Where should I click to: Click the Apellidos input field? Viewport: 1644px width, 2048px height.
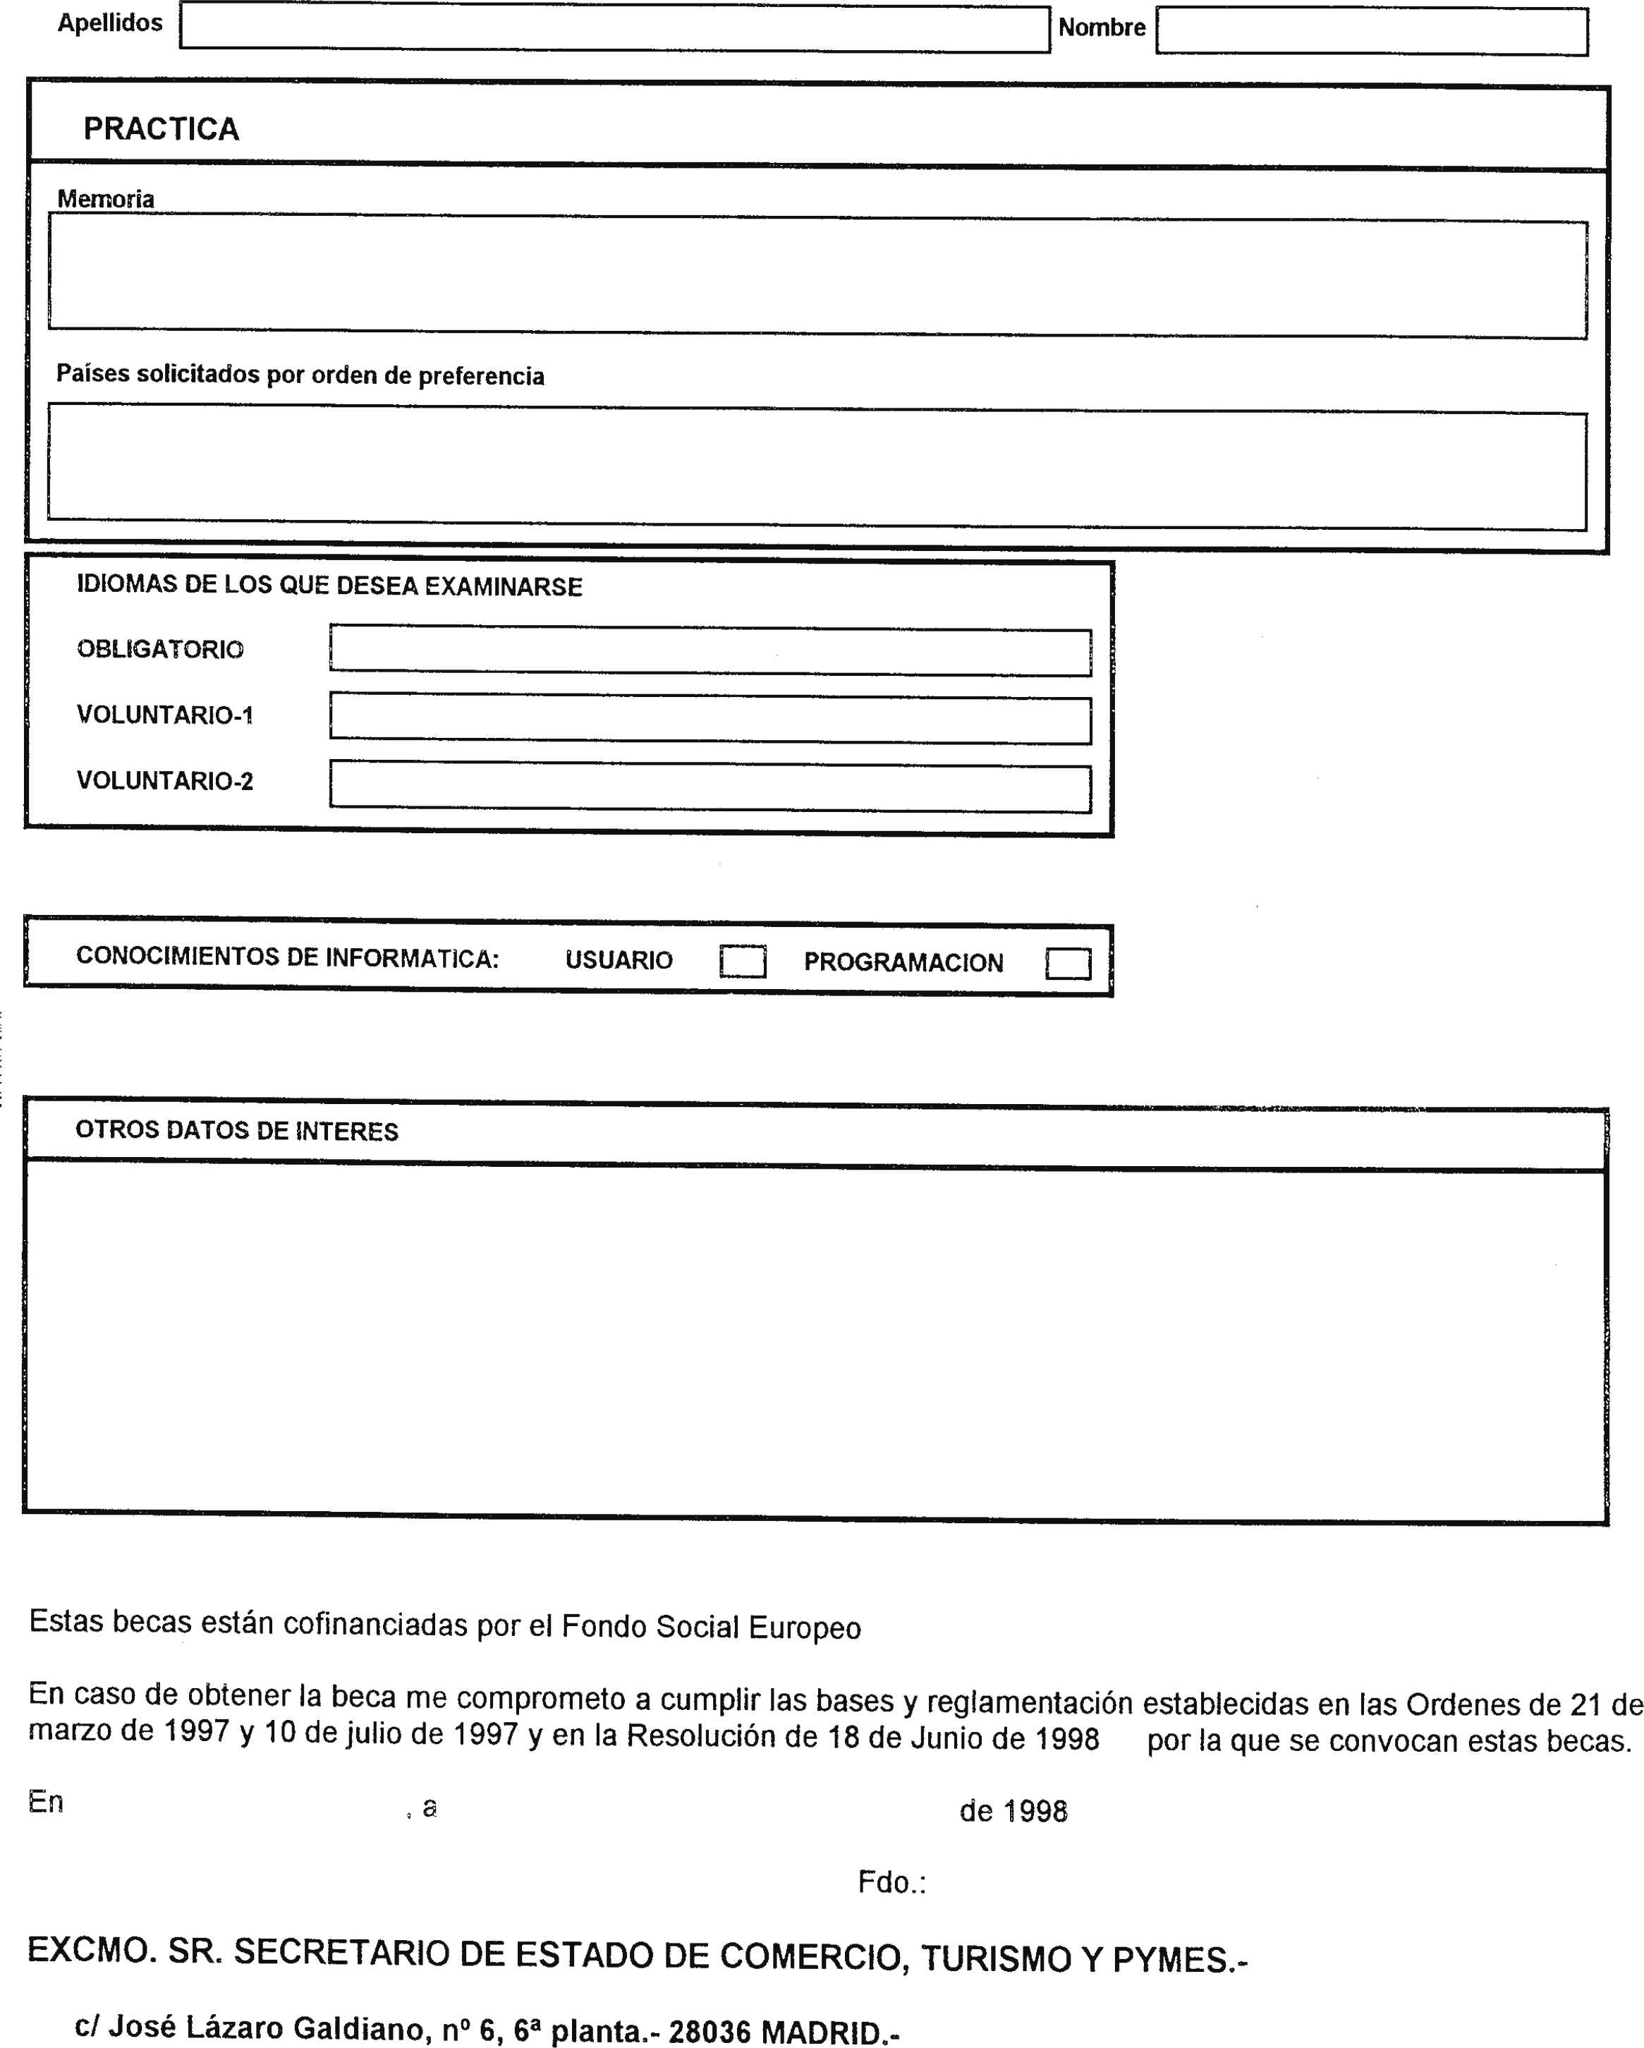click(x=614, y=28)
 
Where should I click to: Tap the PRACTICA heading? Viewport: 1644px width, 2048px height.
click(x=161, y=129)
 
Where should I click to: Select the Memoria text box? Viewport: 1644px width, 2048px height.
click(x=817, y=277)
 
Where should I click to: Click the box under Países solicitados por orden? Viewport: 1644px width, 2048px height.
click(x=817, y=467)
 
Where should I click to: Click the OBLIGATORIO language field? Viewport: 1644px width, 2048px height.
click(x=710, y=650)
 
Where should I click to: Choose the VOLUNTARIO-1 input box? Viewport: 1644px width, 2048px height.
click(x=710, y=719)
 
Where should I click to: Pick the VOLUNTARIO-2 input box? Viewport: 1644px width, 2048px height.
click(x=710, y=786)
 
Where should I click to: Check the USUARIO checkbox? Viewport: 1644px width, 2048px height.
click(x=742, y=962)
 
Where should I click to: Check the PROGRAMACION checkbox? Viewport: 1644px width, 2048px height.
click(x=1068, y=963)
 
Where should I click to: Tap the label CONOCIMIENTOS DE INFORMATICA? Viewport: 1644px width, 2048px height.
click(x=287, y=957)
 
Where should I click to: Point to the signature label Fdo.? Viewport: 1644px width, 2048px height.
click(x=891, y=1882)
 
